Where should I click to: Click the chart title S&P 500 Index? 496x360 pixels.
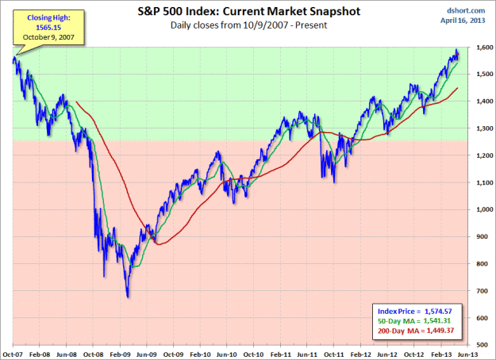coord(247,13)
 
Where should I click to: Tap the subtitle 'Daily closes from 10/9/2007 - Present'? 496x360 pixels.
coord(247,26)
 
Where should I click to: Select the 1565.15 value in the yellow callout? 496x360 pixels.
coord(32,28)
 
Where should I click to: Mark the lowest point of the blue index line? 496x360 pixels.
coord(128,297)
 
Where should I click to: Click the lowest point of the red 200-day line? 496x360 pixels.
coord(160,245)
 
